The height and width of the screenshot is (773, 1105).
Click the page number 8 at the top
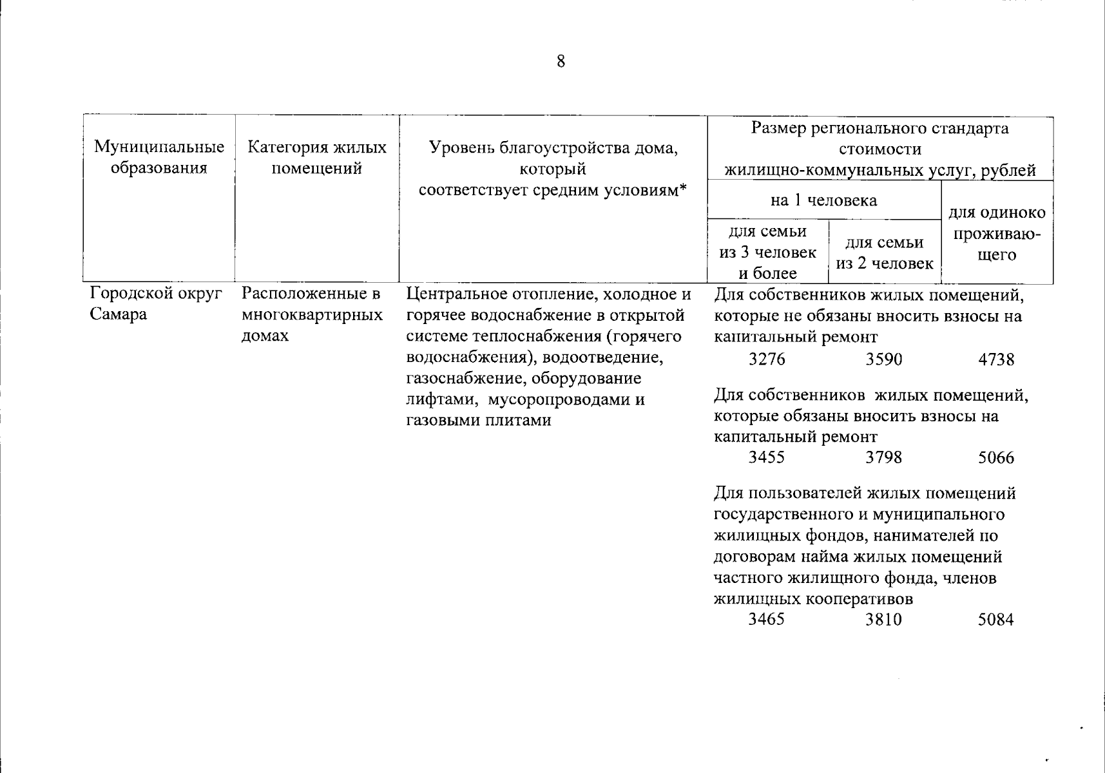[x=561, y=62]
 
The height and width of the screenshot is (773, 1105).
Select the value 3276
[x=767, y=359]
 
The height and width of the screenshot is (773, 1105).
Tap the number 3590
[x=883, y=359]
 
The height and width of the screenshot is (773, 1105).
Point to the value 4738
[x=995, y=359]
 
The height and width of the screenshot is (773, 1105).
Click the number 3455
[x=767, y=458]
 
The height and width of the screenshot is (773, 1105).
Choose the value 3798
[x=883, y=458]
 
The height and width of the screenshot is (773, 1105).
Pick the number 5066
[x=995, y=458]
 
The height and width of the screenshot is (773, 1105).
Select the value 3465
[x=767, y=620]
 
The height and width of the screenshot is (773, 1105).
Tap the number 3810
[x=883, y=620]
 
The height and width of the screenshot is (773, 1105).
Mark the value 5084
[x=995, y=620]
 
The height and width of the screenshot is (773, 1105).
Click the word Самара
[x=119, y=315]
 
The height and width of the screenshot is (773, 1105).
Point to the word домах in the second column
[x=265, y=336]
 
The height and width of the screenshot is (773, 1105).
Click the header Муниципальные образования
[x=159, y=158]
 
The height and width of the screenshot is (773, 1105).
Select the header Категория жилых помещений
[x=317, y=158]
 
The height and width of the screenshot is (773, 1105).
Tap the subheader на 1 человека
[x=823, y=200]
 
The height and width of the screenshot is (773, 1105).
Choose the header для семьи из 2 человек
[x=884, y=253]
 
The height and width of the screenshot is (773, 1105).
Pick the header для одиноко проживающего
[x=997, y=233]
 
